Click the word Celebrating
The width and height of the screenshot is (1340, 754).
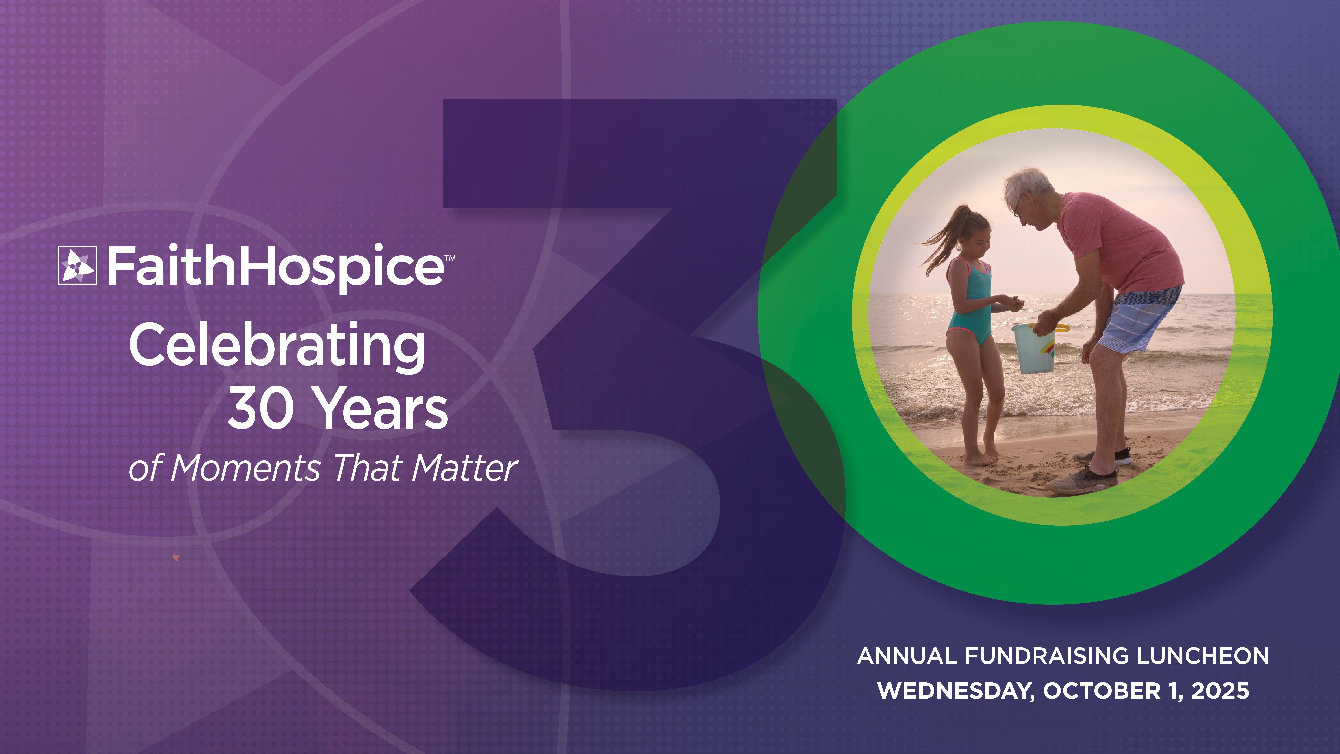[277, 346]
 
